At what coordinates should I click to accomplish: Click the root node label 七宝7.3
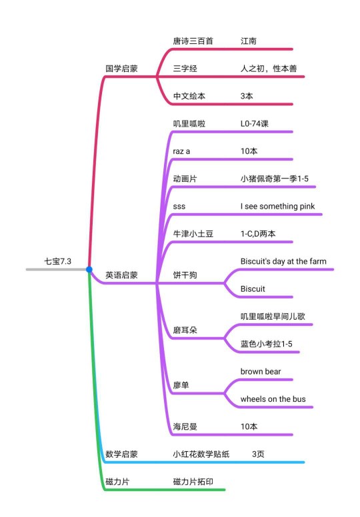[x=58, y=261]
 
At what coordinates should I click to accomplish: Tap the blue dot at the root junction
[x=89, y=269]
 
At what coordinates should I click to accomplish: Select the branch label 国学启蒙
[x=121, y=69]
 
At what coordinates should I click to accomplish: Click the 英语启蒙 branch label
[x=121, y=275]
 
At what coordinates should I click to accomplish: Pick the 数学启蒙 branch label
[x=121, y=454]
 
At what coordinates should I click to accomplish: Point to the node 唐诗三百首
[x=193, y=41]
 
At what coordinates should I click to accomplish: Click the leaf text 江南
[x=249, y=41]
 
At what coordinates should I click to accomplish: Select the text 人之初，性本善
[x=269, y=69]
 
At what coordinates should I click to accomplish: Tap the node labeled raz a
[x=181, y=151]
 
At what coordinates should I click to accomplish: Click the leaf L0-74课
[x=255, y=124]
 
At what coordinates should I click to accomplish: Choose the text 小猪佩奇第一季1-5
[x=275, y=179]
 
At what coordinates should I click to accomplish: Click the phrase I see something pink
[x=277, y=207]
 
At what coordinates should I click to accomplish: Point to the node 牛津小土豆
[x=193, y=234]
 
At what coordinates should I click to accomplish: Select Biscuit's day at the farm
[x=283, y=261]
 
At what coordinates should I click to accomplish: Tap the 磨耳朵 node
[x=185, y=330]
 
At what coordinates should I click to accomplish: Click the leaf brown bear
[x=261, y=372]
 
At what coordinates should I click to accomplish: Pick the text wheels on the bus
[x=273, y=399]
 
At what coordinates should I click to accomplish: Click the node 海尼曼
[x=185, y=426]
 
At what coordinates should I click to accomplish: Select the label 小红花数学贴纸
[x=201, y=454]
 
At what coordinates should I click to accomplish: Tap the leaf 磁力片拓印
[x=193, y=482]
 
